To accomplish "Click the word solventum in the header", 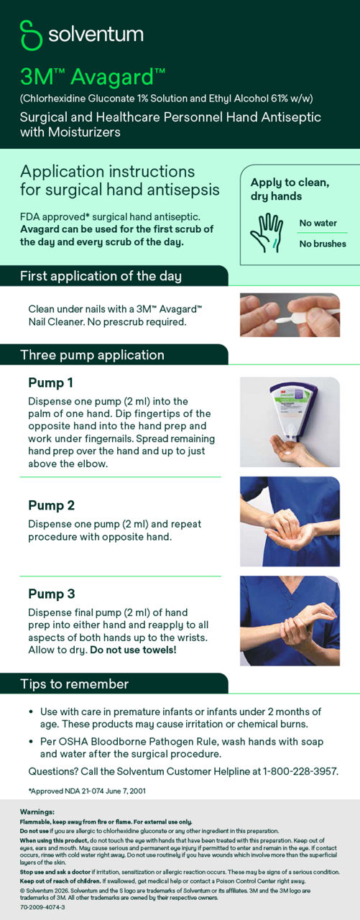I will click(95, 34).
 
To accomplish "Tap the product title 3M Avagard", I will click(93, 76).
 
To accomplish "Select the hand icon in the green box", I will click(266, 231).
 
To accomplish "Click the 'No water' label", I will click(318, 223).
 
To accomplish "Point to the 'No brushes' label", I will click(323, 244).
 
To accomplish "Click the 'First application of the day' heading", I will click(101, 276).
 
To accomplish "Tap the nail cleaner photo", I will click(290, 315).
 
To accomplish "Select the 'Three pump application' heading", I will click(92, 355).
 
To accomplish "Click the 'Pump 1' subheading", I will click(50, 382).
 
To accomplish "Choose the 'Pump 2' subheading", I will click(51, 505).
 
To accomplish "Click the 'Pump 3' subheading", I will click(51, 594).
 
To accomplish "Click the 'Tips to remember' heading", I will click(74, 684).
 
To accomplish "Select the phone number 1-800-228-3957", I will click(300, 771).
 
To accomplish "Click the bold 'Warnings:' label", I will click(37, 811).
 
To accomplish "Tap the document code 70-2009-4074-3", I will click(42, 907).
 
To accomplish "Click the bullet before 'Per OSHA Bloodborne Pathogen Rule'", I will click(30, 741).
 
